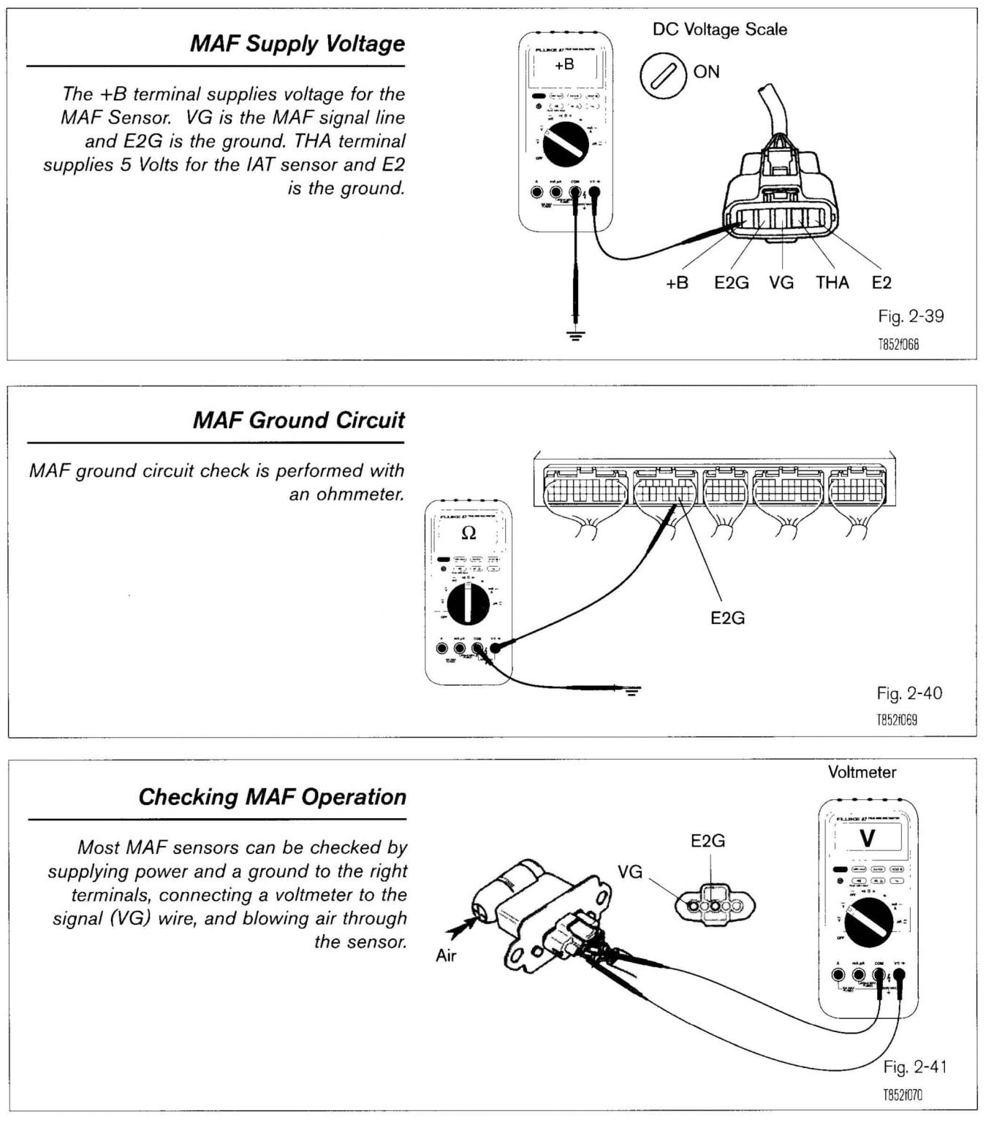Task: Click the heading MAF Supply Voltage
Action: [297, 44]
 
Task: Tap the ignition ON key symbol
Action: [664, 76]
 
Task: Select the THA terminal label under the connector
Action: [832, 283]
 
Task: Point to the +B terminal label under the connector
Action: [677, 283]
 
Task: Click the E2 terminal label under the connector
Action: [881, 283]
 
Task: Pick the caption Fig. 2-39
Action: [911, 316]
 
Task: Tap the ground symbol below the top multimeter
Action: [576, 336]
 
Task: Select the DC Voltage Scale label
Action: [719, 30]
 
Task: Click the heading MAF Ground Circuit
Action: [298, 421]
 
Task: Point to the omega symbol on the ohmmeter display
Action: [468, 533]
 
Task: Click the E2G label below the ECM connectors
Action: [727, 618]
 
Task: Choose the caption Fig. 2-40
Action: [909, 693]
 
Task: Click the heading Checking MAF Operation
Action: [273, 797]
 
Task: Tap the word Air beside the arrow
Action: [446, 955]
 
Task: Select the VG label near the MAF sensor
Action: [630, 871]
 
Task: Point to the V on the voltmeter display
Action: [867, 839]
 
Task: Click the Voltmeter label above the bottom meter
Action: [862, 772]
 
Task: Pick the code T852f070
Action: [902, 1095]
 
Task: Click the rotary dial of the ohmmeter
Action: [468, 604]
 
